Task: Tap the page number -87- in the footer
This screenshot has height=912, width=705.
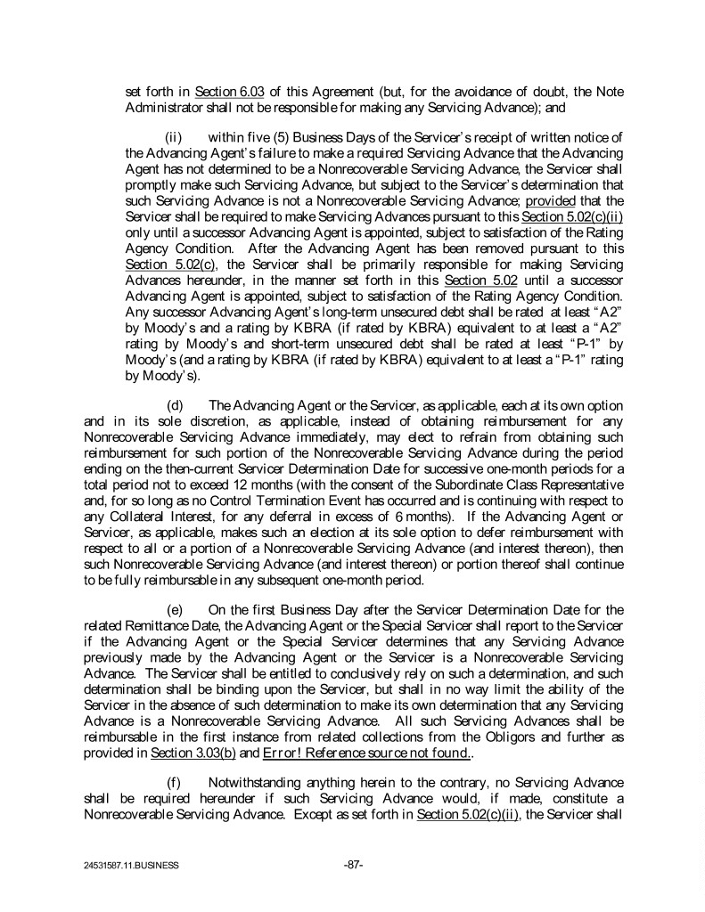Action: pos(352,863)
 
